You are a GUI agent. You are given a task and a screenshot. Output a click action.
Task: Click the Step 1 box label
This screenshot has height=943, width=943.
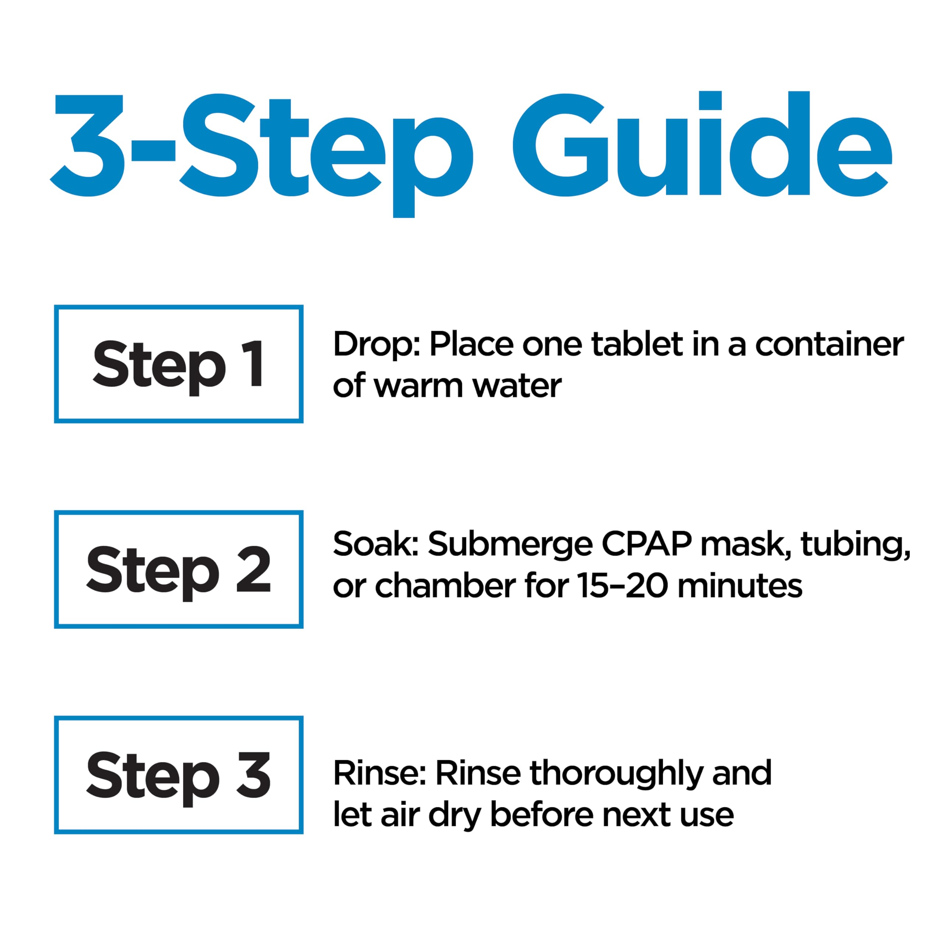pos(179,364)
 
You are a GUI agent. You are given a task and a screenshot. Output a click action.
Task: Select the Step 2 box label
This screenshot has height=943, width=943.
pos(179,569)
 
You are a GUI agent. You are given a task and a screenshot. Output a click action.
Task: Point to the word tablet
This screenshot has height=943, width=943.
pos(637,344)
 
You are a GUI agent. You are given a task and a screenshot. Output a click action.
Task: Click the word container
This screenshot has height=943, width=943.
pos(830,344)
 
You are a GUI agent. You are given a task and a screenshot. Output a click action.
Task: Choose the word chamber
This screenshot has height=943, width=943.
pos(445,585)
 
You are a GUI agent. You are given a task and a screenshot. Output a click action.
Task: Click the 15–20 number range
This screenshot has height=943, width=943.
pos(622,586)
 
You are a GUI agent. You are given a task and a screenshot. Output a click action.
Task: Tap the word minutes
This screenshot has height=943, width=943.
pos(740,585)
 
